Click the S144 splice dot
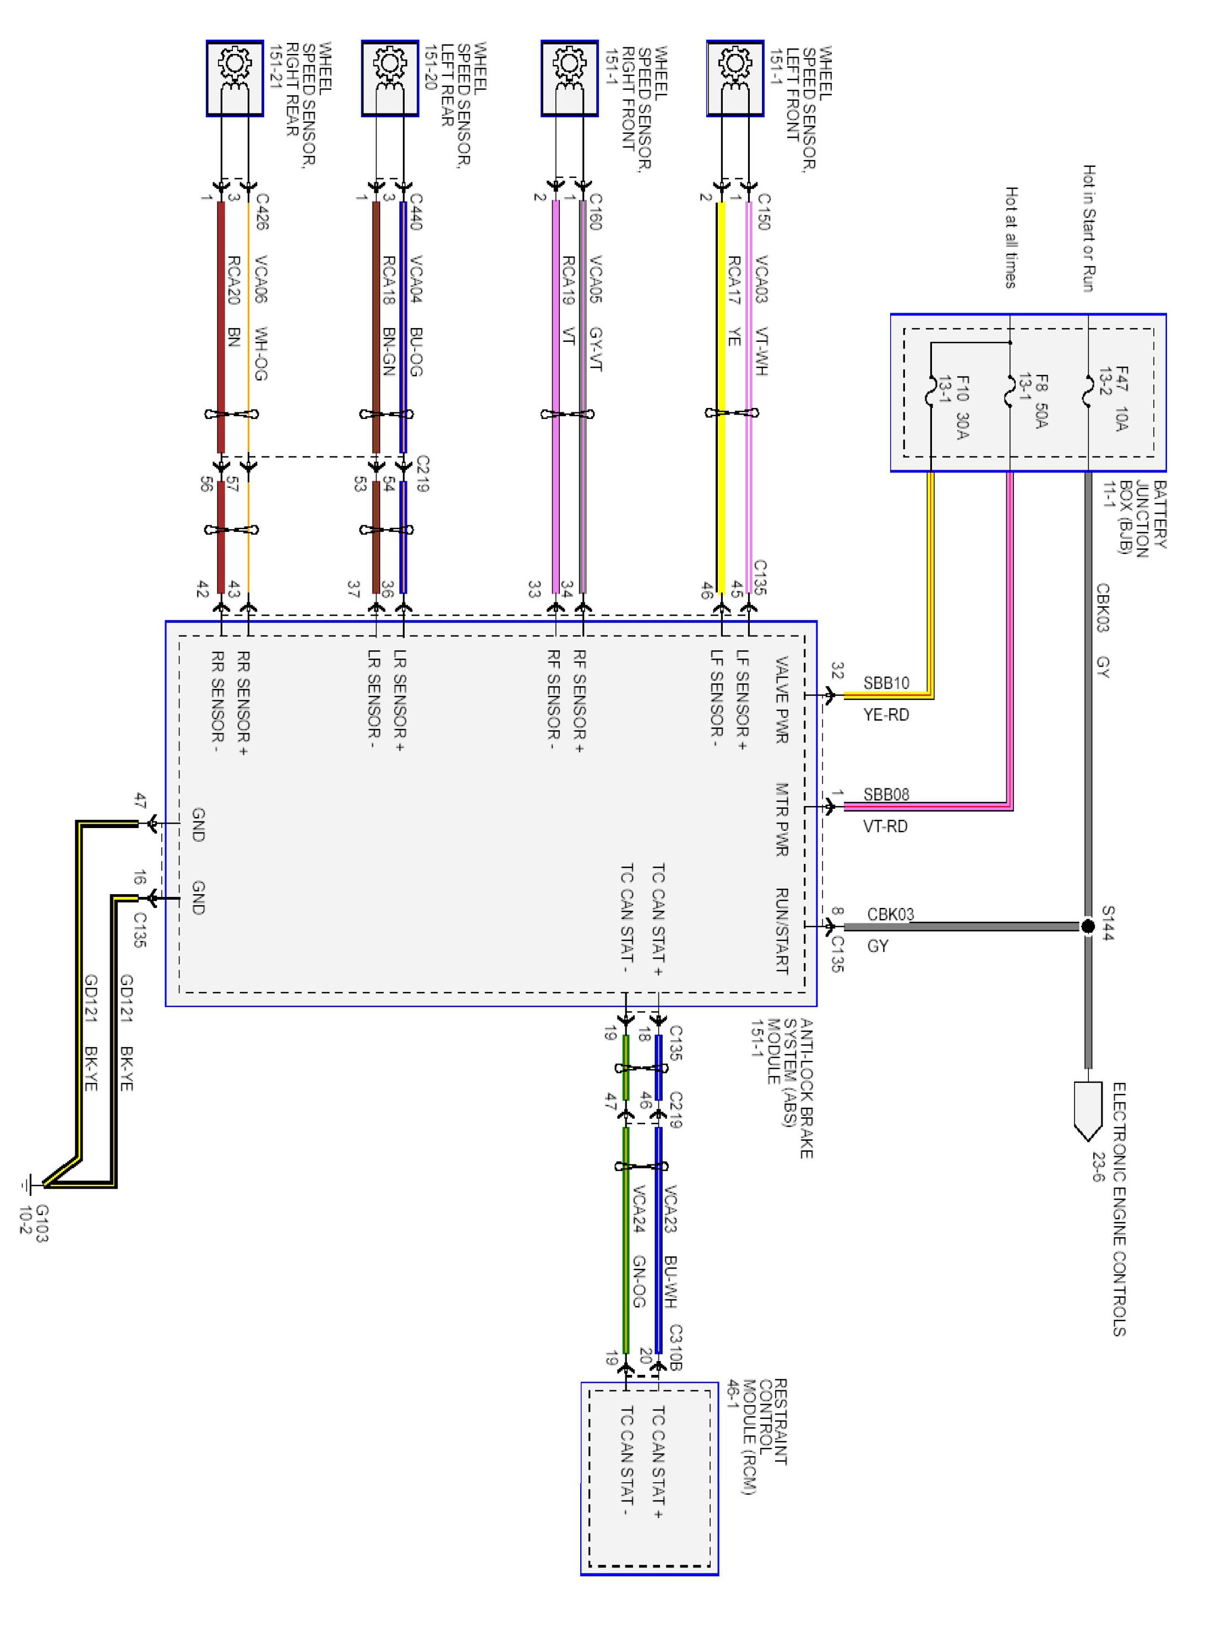point(1088,926)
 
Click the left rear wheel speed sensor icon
point(390,78)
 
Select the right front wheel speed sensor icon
point(569,78)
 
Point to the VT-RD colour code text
point(886,826)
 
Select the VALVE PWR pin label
point(781,700)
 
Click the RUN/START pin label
point(781,930)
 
